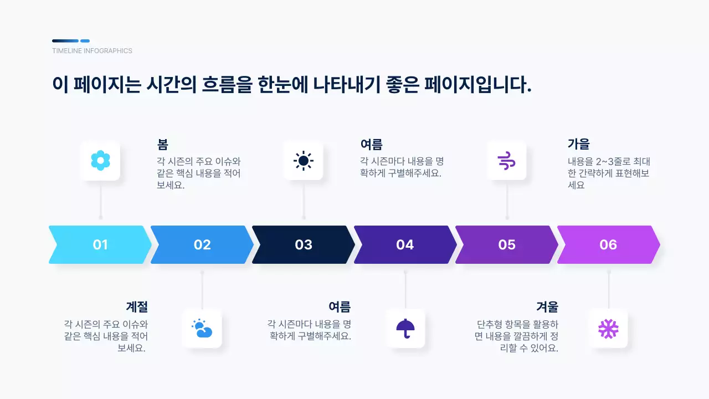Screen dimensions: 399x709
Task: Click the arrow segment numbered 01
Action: click(x=100, y=244)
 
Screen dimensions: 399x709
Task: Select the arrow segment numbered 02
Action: click(x=202, y=244)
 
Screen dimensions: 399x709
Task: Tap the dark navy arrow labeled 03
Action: click(x=304, y=244)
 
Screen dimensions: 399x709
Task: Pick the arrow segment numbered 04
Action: click(x=405, y=244)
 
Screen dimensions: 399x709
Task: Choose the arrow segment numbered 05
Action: click(x=507, y=244)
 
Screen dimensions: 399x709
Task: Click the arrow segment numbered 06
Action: click(x=608, y=244)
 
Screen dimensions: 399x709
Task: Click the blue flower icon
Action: click(x=100, y=160)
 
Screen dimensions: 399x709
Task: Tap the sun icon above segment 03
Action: click(x=303, y=160)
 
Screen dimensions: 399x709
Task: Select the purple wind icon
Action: click(x=506, y=160)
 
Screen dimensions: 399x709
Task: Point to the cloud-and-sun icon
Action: click(x=202, y=329)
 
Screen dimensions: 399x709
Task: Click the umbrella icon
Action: click(x=405, y=329)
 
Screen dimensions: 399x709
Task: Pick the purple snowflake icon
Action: click(x=608, y=329)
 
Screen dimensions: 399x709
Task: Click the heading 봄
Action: click(x=162, y=145)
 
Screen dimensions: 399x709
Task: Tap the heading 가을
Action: click(x=579, y=145)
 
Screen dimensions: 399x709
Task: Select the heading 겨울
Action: click(x=547, y=306)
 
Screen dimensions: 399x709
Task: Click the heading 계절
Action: click(x=137, y=306)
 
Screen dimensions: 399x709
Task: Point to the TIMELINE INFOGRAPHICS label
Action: click(x=92, y=51)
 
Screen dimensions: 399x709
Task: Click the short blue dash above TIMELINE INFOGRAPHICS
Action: click(x=85, y=40)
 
